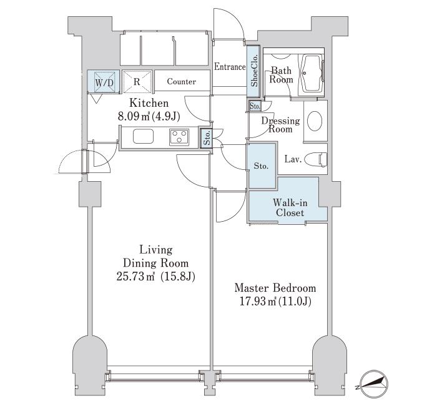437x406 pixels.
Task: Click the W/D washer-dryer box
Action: (104, 81)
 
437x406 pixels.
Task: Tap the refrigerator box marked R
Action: (137, 81)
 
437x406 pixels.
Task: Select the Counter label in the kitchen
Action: (182, 81)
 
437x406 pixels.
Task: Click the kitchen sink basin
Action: (143, 136)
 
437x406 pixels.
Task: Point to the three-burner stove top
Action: (179, 137)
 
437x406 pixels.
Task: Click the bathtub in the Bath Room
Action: (312, 73)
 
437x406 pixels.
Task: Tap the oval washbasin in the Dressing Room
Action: (315, 121)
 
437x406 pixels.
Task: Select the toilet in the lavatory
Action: (316, 160)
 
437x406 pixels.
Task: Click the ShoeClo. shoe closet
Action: (254, 71)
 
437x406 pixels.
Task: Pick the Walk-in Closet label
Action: (290, 207)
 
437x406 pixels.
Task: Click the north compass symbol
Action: (373, 384)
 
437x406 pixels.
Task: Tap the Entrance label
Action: (230, 67)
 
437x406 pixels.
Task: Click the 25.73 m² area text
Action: (135, 277)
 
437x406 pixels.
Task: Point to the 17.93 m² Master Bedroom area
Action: (258, 302)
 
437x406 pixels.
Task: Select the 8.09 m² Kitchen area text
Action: (134, 116)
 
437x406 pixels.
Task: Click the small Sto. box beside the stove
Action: (207, 137)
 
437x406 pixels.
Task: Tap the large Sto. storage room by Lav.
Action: (262, 166)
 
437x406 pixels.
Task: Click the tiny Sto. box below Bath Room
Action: (255, 106)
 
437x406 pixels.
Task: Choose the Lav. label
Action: (293, 159)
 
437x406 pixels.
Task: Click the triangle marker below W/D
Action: (96, 98)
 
